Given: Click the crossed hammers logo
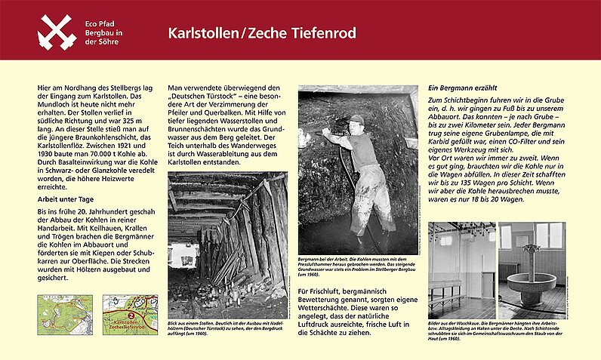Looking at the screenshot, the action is point(58,31).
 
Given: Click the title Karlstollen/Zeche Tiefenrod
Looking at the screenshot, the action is point(261,34).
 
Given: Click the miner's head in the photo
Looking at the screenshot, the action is point(356,120).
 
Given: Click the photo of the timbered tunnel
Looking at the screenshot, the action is point(227,235).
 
